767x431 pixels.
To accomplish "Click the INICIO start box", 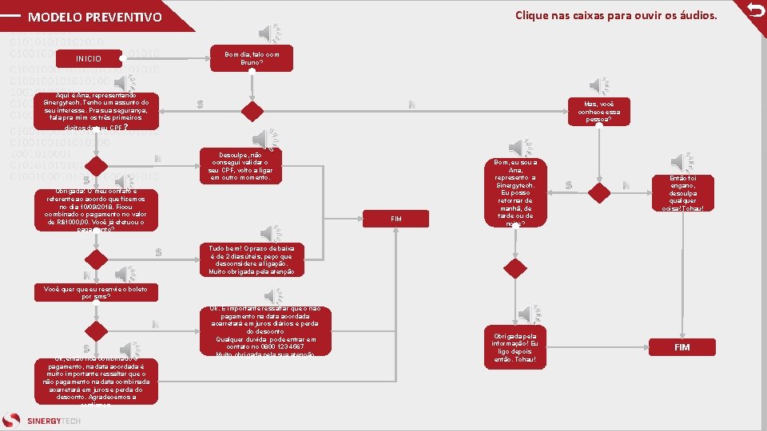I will pyautogui.click(x=89, y=58).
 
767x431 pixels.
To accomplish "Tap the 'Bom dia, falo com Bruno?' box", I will pyautogui.click(x=252, y=57).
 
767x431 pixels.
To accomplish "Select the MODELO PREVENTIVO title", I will pyautogui.click(x=94, y=17).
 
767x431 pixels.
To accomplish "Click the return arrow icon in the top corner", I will pyautogui.click(x=755, y=10).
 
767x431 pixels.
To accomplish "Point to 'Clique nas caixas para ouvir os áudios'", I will pyautogui.click(x=616, y=15).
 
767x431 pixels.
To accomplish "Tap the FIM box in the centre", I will pyautogui.click(x=397, y=218).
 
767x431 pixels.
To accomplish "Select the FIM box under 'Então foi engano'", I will pyautogui.click(x=682, y=347).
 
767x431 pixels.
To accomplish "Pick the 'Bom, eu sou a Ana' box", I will pyautogui.click(x=515, y=192).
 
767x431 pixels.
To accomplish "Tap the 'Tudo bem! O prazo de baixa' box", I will pyautogui.click(x=252, y=260).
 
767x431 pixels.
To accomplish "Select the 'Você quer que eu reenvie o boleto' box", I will pyautogui.click(x=96, y=291).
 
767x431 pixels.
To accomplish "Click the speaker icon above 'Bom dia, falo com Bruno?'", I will pyautogui.click(x=271, y=33).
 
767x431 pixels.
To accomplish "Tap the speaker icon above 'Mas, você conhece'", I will pyautogui.click(x=599, y=85).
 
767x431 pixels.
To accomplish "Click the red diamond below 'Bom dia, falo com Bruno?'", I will pyautogui.click(x=252, y=110).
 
